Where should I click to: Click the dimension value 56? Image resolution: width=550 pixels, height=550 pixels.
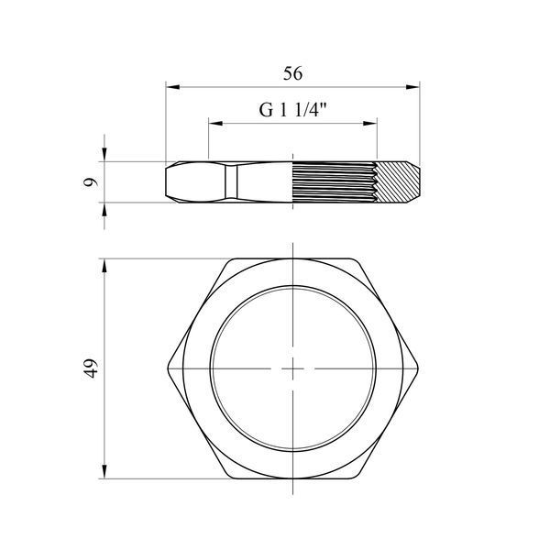[293, 73]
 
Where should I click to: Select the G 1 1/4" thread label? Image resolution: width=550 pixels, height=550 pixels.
[293, 110]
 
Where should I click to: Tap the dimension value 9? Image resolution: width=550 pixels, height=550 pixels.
[91, 182]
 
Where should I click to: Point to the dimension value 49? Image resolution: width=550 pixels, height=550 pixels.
[91, 368]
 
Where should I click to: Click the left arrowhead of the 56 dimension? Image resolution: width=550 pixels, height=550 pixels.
[172, 87]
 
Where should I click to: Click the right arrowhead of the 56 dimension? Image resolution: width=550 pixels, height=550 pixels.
[412, 87]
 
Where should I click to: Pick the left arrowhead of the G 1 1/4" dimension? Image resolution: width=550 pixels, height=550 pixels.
[215, 123]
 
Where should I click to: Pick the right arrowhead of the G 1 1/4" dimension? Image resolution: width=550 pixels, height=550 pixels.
[370, 123]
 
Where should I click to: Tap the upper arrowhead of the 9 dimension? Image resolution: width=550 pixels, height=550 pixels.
[104, 154]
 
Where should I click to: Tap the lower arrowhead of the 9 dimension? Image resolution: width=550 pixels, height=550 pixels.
[104, 210]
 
